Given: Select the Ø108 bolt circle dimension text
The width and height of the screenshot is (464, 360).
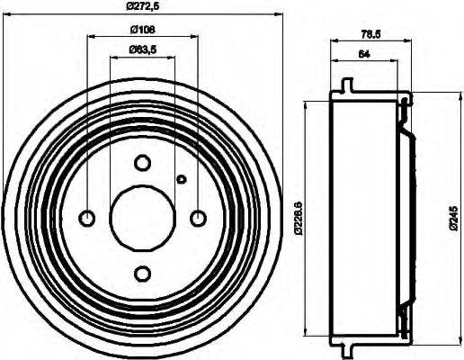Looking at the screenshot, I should point(143,29).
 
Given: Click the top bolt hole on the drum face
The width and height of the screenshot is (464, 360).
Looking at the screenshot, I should point(143,163).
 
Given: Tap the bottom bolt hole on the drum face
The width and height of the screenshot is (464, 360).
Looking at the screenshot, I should point(143,274).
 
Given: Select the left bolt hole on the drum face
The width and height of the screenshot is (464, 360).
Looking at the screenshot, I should point(88,218).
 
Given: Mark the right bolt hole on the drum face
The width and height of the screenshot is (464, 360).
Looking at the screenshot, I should point(199,218).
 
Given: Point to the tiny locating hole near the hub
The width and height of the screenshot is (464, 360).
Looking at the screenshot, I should point(181,178).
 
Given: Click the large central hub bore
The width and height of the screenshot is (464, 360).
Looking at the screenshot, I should point(143,218).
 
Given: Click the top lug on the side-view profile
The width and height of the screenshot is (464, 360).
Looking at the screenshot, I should point(345,88).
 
